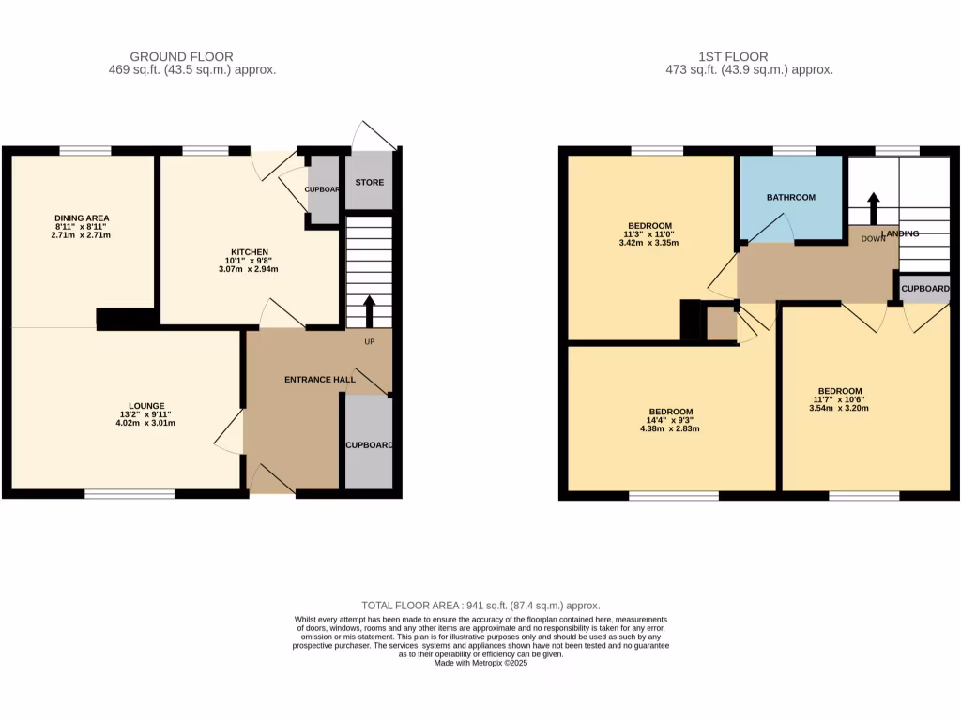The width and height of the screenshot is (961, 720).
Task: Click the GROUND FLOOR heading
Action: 182,57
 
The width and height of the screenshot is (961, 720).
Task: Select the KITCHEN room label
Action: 251,252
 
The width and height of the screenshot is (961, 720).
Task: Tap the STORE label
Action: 370,182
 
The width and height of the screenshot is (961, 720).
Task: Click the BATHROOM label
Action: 790,198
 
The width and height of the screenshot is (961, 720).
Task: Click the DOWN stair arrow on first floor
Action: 873,207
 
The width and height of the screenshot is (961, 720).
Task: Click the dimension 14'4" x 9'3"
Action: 671,421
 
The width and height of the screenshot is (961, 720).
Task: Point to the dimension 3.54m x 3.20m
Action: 839,408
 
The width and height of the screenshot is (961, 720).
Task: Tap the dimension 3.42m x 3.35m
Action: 648,243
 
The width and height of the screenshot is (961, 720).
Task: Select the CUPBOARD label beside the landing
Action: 925,290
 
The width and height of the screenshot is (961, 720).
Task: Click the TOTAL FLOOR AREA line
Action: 480,606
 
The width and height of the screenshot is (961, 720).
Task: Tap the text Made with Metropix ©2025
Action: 480,663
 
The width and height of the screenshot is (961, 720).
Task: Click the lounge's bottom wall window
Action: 130,493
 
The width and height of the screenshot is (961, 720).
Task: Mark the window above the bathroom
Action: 794,150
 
